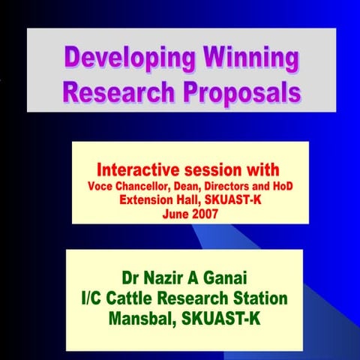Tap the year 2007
click(x=205, y=213)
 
